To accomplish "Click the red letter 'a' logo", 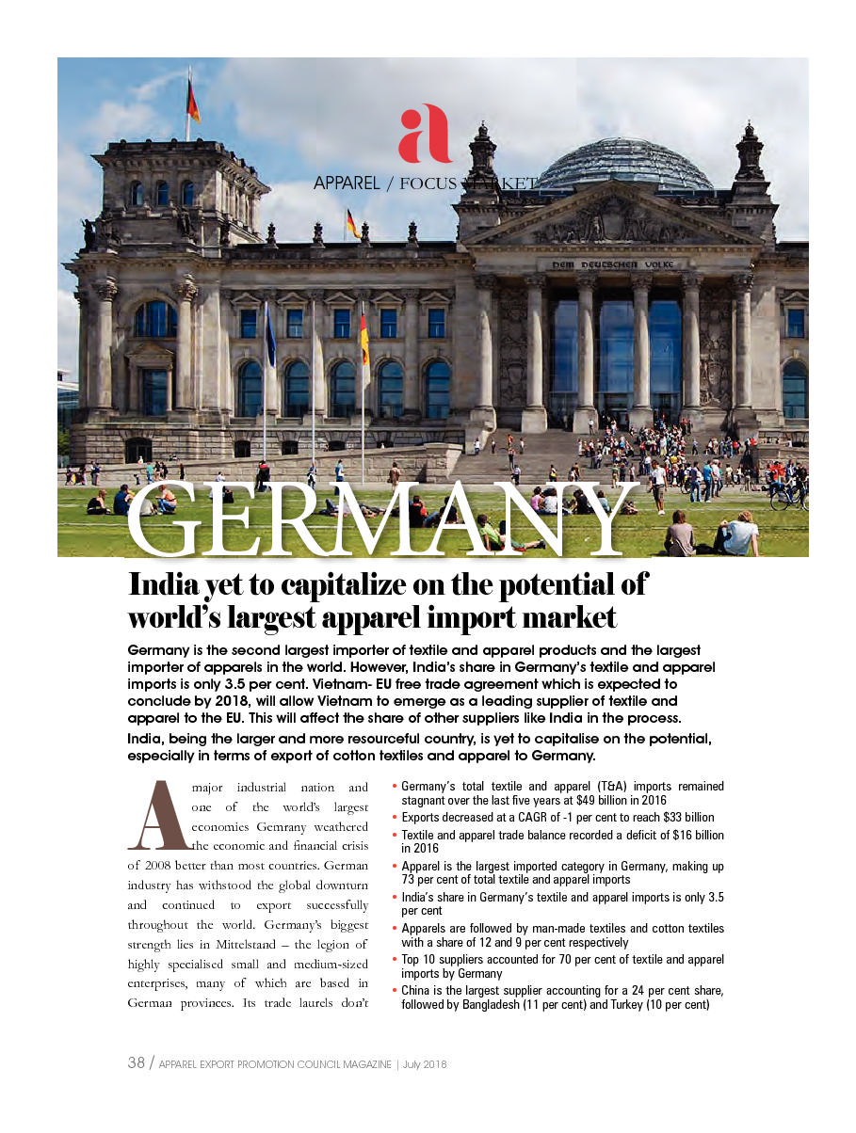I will [425, 134].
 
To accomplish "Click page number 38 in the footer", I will [136, 1063].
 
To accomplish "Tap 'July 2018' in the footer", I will [424, 1064].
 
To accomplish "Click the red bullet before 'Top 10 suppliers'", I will [395, 960].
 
